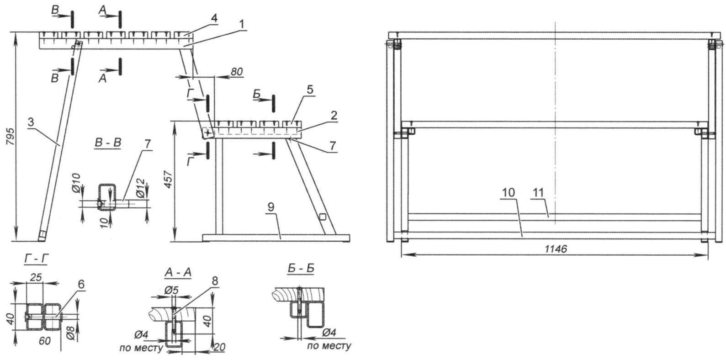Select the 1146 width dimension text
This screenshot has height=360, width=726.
coord(556,249)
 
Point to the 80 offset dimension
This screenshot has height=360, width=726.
coord(237,72)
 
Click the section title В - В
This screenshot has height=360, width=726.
coord(108,143)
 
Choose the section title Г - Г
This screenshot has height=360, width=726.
coord(36,260)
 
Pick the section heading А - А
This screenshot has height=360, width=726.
coord(178,273)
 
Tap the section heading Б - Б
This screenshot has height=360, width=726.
coord(301,269)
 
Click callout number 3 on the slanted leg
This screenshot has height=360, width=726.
coord(31,122)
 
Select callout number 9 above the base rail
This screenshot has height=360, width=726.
coord(271,207)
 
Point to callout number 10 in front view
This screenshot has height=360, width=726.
coord(508,192)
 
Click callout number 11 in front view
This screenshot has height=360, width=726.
coord(538,192)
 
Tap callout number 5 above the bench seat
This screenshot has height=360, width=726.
coord(310,90)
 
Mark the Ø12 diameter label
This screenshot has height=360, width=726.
coord(140,189)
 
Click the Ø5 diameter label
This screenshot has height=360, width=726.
coord(171,291)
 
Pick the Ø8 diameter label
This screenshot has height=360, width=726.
coord(71,334)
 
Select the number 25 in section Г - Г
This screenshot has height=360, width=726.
coord(36,277)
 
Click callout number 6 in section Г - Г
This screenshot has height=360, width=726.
coord(81,284)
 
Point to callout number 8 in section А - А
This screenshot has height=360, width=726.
coord(215,281)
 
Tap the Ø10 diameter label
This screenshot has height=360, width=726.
coord(76,183)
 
